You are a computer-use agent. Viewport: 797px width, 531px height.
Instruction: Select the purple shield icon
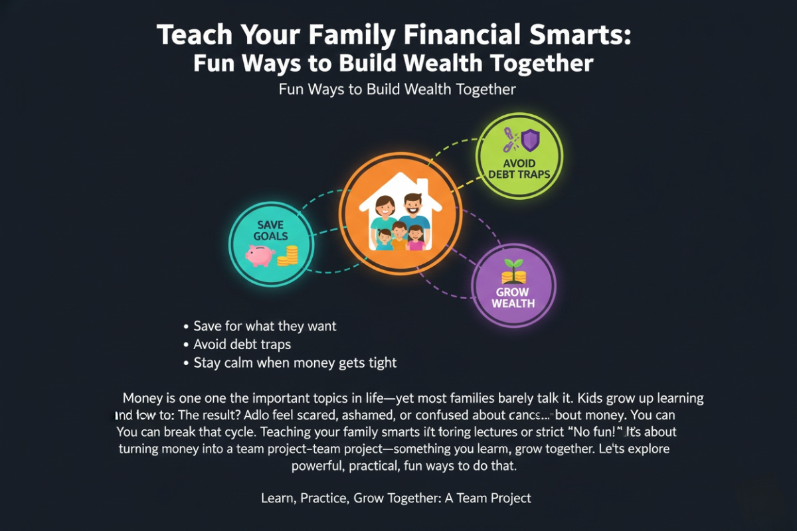click(x=529, y=140)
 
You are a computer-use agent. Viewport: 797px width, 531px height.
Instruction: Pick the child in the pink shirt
click(x=416, y=236)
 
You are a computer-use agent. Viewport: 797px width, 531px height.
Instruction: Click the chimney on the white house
click(x=420, y=181)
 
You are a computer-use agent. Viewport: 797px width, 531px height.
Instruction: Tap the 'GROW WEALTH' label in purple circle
click(x=513, y=297)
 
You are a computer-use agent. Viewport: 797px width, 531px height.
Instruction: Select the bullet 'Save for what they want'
click(x=264, y=326)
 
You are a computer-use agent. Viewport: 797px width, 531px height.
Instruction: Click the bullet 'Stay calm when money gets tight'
click(x=294, y=362)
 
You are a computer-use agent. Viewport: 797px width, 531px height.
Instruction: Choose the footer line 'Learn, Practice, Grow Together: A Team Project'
click(x=397, y=498)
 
